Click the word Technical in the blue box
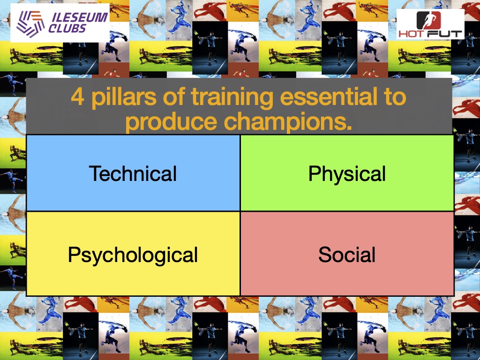[x=133, y=173]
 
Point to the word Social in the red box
[x=347, y=255]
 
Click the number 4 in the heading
[x=77, y=97]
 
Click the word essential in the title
[x=329, y=97]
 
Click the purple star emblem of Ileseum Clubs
[x=30, y=23]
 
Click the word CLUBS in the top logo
[x=67, y=29]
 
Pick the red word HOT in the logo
[x=412, y=34]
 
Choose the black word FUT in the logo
[x=445, y=34]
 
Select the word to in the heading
[x=395, y=97]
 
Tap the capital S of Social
[x=325, y=255]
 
